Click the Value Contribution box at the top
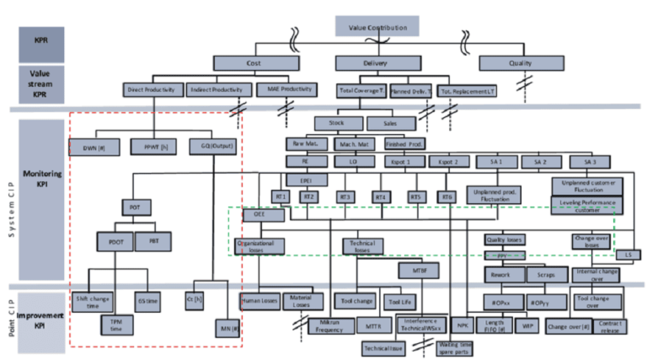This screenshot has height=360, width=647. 377,27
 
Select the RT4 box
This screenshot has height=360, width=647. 382,197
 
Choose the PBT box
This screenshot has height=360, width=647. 152,240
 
